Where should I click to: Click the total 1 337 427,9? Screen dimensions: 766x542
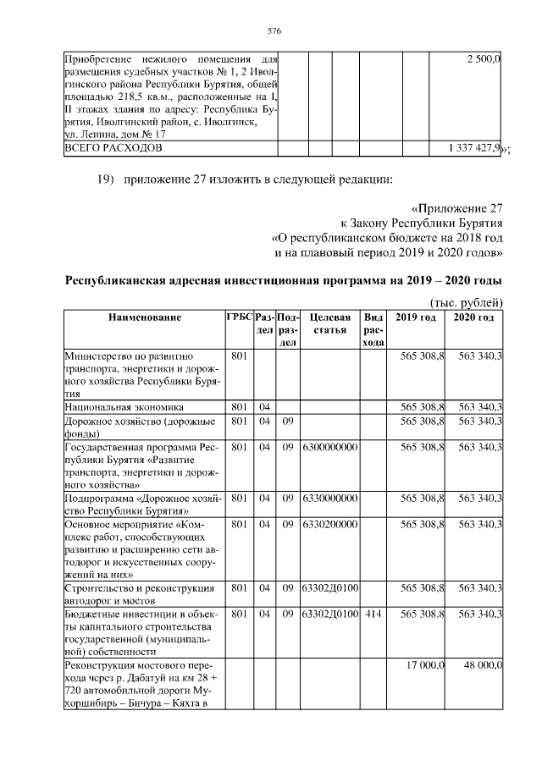[475, 148]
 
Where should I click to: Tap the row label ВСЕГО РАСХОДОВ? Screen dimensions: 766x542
[113, 148]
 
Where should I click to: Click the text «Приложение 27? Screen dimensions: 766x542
[458, 207]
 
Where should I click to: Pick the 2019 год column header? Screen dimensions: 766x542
[416, 317]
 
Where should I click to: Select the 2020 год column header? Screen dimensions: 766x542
[474, 317]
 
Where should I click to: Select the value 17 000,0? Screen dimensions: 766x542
[425, 666]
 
